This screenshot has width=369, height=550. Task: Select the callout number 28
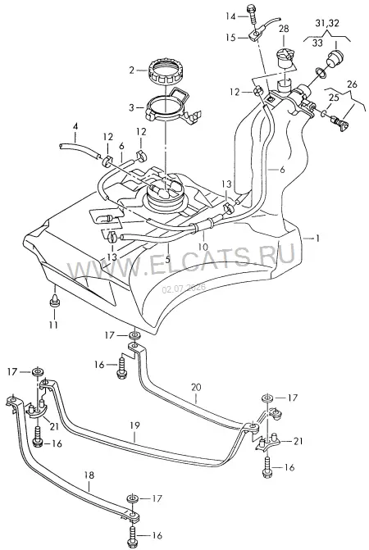pyautogui.click(x=284, y=29)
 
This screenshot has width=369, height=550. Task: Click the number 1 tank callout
pyautogui.click(x=317, y=239)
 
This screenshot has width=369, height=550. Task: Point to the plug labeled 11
pyautogui.click(x=55, y=300)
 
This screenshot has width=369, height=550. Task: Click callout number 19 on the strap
pyautogui.click(x=134, y=425)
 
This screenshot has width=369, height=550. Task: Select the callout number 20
pyautogui.click(x=197, y=388)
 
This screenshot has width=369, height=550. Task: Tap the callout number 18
pyautogui.click(x=89, y=475)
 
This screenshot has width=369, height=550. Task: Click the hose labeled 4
pyautogui.click(x=79, y=148)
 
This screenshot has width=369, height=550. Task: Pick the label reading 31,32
pyautogui.click(x=326, y=24)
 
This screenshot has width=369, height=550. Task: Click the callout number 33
pyautogui.click(x=317, y=43)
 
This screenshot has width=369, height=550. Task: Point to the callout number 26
pyautogui.click(x=352, y=84)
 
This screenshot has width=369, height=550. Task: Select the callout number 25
pyautogui.click(x=334, y=98)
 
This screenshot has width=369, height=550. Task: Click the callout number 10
pyautogui.click(x=203, y=247)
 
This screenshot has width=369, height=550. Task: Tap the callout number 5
pyautogui.click(x=167, y=260)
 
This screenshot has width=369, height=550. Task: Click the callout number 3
pyautogui.click(x=131, y=107)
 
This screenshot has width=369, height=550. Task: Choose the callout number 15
pyautogui.click(x=230, y=37)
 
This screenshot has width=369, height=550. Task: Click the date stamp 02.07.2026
pyautogui.click(x=184, y=289)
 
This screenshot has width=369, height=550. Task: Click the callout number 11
pyautogui.click(x=53, y=325)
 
